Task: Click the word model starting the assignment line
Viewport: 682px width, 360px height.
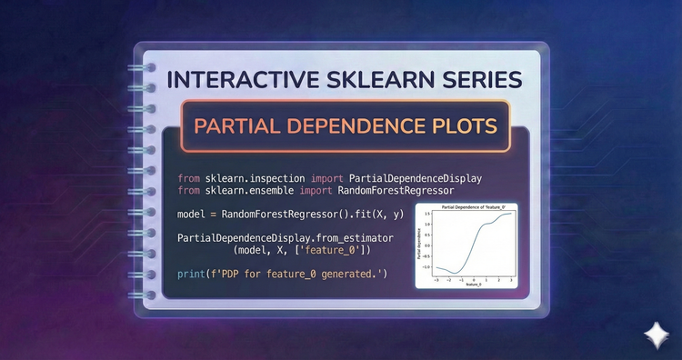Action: (x=194, y=214)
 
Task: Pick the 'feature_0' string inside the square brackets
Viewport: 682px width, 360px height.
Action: (x=330, y=249)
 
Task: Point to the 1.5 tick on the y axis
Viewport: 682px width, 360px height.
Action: (x=426, y=215)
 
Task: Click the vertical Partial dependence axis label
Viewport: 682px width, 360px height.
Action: (x=419, y=245)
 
